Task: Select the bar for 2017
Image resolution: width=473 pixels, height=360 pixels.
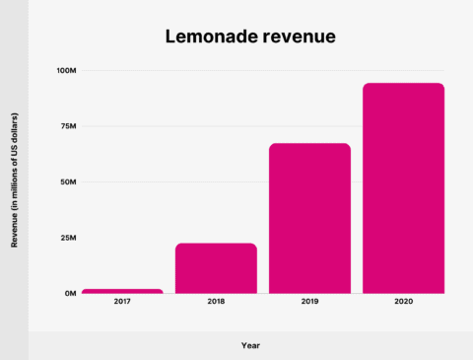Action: pyautogui.click(x=122, y=291)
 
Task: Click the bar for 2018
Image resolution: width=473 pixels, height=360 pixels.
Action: pyautogui.click(x=216, y=268)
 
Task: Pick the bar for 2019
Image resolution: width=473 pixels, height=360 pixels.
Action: pyautogui.click(x=309, y=218)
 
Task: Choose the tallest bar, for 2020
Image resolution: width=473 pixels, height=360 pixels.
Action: pyautogui.click(x=403, y=188)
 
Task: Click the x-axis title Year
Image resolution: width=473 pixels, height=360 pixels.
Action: pyautogui.click(x=251, y=345)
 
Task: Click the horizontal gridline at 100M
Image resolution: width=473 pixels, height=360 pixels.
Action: pyautogui.click(x=246, y=71)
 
